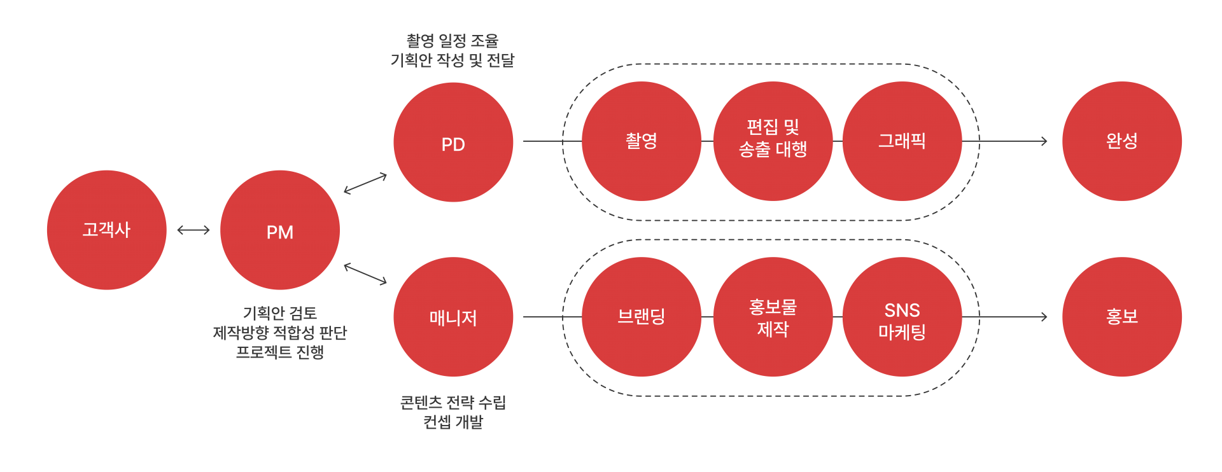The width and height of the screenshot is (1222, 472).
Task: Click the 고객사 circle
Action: tap(106, 230)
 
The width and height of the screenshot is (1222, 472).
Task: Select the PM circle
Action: tap(280, 230)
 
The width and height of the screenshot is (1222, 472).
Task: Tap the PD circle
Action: tap(453, 142)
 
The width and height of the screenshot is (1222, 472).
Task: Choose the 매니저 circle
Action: tap(453, 317)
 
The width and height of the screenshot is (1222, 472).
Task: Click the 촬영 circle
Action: tap(642, 141)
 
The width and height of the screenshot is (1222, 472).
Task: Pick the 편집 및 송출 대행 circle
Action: tap(773, 141)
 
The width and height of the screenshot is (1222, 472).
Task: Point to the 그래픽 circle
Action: tap(902, 141)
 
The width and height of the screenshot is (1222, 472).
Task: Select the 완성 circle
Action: tap(1122, 141)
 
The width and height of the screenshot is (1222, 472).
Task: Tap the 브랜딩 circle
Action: tap(642, 317)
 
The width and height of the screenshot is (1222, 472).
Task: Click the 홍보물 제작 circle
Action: tap(773, 317)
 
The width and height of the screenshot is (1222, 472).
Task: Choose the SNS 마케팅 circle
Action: tap(902, 317)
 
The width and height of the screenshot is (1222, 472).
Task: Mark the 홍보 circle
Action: tap(1122, 317)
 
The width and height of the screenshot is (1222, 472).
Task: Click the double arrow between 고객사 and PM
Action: tap(193, 230)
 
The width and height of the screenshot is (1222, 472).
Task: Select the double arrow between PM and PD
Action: tap(365, 183)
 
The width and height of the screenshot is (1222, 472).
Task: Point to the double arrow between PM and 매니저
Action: tap(365, 274)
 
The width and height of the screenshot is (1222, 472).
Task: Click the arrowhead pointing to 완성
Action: tap(1044, 141)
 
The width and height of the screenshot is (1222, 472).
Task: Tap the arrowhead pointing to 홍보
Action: tap(1044, 317)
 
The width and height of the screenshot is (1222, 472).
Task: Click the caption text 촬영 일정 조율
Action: tap(453, 41)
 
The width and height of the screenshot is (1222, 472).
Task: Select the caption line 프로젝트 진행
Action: tap(280, 352)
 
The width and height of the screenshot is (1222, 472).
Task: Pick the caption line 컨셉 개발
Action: tap(453, 422)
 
